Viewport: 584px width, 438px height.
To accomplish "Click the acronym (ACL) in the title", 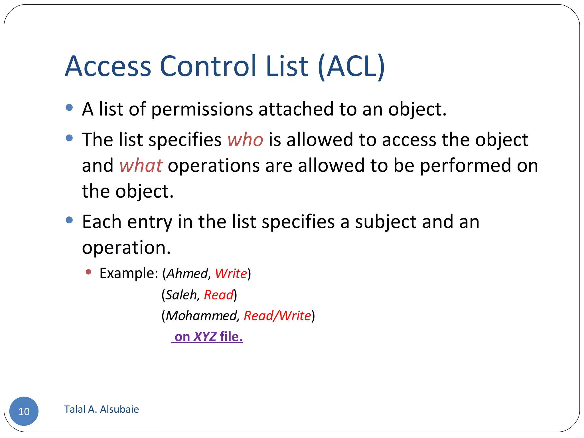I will click(x=352, y=67).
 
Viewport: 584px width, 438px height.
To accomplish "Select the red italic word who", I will click(x=245, y=140).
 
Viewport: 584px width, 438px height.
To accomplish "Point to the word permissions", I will click(x=202, y=109).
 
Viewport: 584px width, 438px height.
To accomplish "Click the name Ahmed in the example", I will click(x=187, y=273).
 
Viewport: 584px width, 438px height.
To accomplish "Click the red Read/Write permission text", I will click(x=277, y=316).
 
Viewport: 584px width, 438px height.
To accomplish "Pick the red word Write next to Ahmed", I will click(x=231, y=273).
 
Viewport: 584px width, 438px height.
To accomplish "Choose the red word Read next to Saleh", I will click(x=219, y=295).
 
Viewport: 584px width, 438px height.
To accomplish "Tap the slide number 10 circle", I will click(x=24, y=411).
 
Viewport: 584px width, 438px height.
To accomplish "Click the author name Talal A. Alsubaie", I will click(x=102, y=409).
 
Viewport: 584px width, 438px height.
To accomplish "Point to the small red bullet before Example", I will click(x=88, y=272).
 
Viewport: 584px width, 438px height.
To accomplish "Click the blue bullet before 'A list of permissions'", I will click(x=69, y=108).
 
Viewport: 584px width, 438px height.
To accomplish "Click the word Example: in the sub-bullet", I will click(x=129, y=273).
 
